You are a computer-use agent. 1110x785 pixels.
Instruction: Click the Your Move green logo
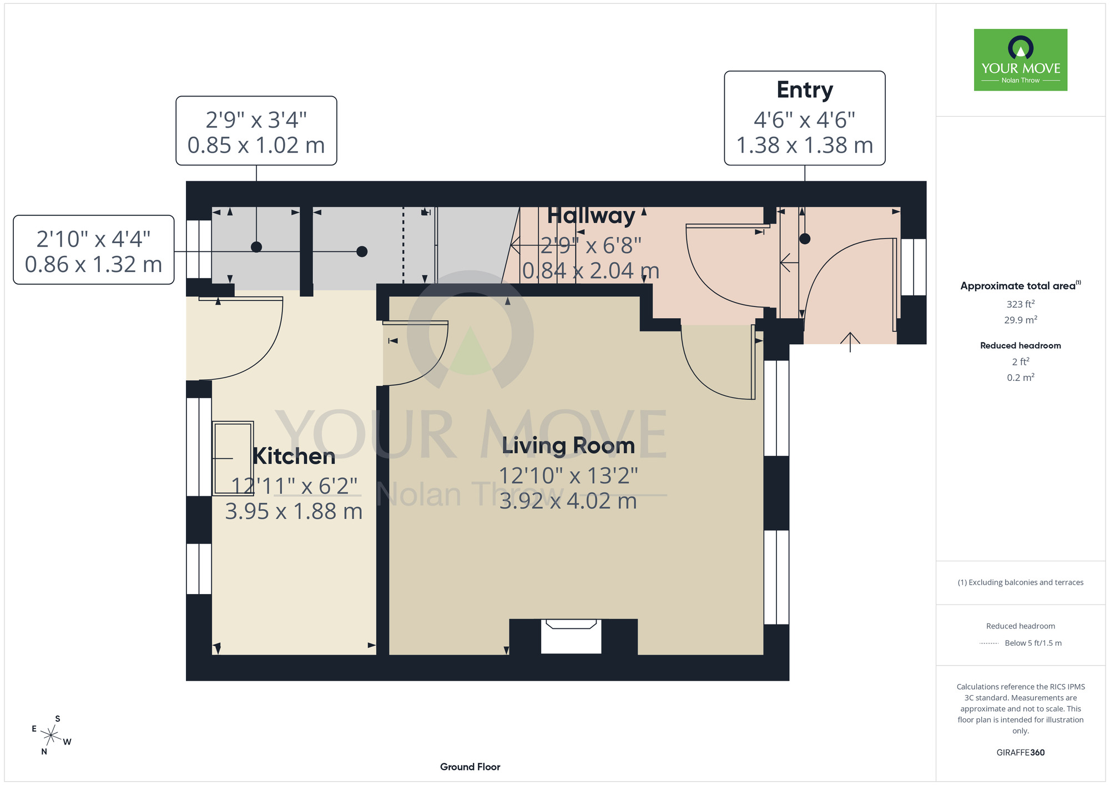(1021, 60)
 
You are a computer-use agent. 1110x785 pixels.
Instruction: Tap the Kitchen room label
(294, 456)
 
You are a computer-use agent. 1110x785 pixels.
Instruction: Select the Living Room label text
(568, 446)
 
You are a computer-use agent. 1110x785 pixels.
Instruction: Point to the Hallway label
(591, 216)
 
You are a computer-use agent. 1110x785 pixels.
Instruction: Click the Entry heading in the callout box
(805, 90)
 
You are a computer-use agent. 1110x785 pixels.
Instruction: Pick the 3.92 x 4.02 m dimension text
(568, 501)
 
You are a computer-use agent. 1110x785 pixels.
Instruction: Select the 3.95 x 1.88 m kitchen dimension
(294, 511)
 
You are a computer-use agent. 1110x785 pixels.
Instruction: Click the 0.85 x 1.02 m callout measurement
(256, 145)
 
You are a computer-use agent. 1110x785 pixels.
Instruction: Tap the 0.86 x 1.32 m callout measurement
(93, 265)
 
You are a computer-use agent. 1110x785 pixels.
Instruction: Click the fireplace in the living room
(571, 636)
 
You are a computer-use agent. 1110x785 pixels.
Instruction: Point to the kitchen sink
(233, 458)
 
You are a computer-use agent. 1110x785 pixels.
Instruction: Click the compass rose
(51, 736)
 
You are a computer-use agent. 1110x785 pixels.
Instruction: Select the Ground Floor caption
(470, 767)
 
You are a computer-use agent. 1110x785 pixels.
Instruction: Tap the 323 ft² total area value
(1021, 304)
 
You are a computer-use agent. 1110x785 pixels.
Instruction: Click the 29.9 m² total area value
(1021, 320)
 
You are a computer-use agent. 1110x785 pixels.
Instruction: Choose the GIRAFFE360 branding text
(1021, 753)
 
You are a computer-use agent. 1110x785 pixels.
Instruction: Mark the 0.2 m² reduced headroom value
(1021, 378)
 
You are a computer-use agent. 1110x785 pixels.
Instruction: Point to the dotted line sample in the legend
(989, 643)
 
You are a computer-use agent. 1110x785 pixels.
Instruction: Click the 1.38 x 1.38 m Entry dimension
(805, 145)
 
